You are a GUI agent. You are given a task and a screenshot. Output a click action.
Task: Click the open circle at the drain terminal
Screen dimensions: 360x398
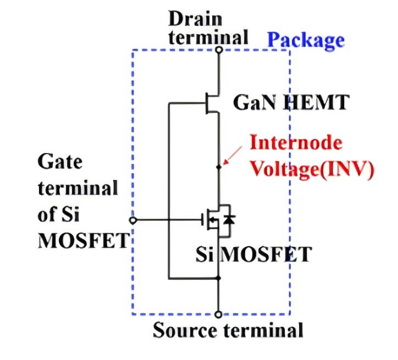(x=219, y=50)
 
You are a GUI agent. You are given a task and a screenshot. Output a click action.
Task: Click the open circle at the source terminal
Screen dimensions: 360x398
(x=219, y=314)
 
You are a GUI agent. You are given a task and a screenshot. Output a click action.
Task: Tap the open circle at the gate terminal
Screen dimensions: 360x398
(x=133, y=220)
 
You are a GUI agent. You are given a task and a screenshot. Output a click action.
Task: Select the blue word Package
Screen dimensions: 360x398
(x=306, y=40)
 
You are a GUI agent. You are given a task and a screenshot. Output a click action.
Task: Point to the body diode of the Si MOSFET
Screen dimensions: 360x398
(x=228, y=220)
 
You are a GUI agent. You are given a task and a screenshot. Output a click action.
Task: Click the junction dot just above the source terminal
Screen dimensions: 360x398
(x=219, y=278)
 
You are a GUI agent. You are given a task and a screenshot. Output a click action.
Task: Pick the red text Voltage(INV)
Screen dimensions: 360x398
(x=311, y=169)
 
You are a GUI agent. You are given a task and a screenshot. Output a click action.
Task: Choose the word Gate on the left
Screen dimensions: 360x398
(x=60, y=161)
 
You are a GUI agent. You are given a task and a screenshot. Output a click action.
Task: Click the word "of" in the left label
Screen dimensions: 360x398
(x=50, y=214)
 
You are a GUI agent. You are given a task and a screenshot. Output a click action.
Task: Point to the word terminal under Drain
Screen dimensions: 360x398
(x=208, y=37)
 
